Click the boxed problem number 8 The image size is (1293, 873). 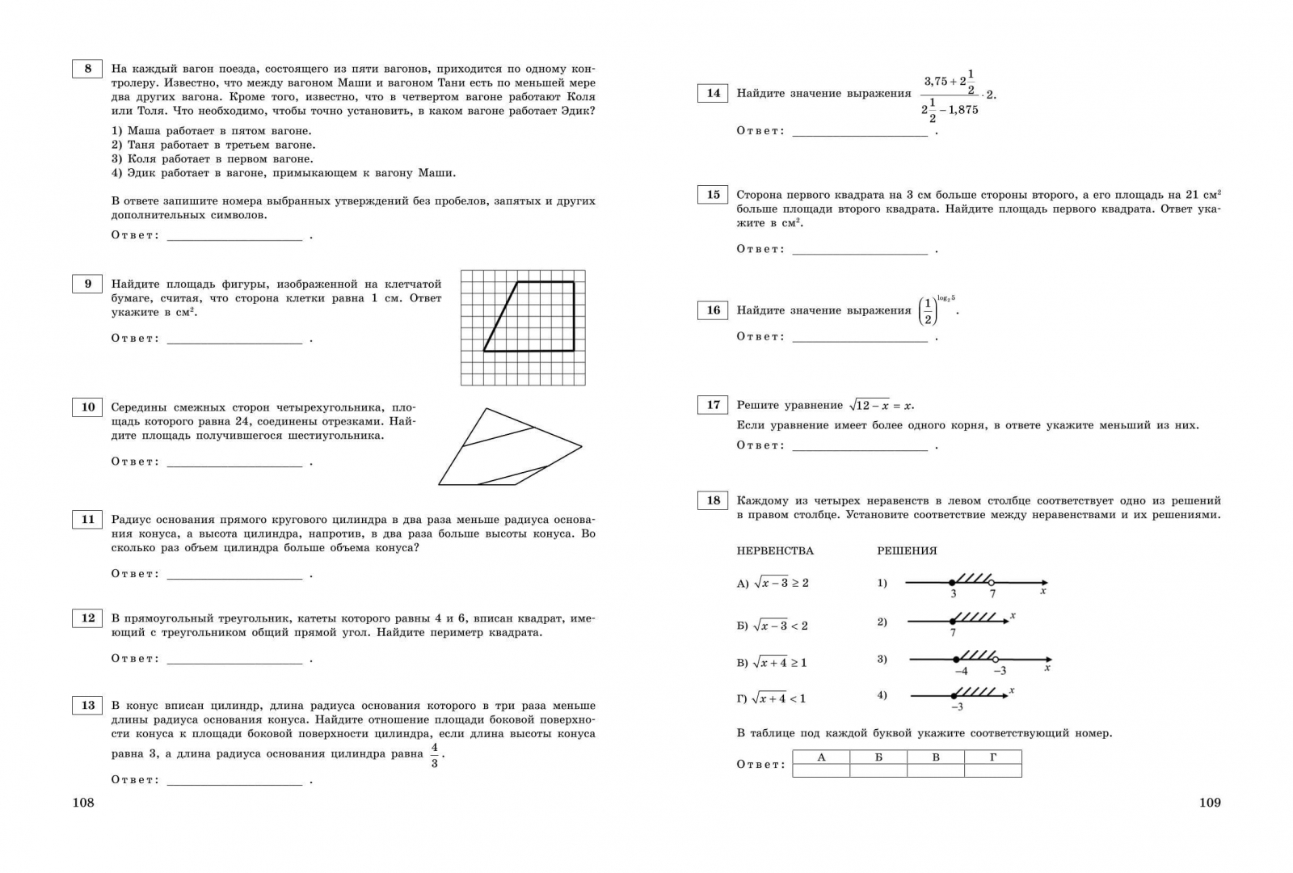(87, 69)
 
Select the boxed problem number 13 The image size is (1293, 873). (87, 706)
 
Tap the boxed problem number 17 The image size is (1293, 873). (713, 405)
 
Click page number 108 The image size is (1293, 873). (83, 803)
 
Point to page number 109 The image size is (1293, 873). (1209, 803)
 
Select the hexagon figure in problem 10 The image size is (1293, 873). (509, 449)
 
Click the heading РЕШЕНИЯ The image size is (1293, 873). (907, 551)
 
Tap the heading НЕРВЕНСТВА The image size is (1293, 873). (775, 551)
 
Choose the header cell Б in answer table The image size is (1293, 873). (878, 757)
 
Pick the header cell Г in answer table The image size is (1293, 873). (993, 757)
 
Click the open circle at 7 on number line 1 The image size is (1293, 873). (992, 583)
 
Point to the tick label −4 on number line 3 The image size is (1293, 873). (961, 671)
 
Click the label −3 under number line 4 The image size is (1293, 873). (957, 707)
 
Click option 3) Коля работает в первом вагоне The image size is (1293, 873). (212, 159)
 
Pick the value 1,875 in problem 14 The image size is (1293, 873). (963, 110)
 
